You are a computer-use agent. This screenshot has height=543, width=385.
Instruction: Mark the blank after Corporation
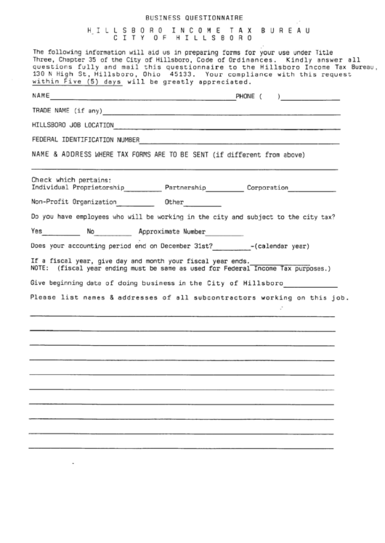tap(313, 191)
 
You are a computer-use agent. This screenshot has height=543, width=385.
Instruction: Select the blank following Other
tap(203, 205)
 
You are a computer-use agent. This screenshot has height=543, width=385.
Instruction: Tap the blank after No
tap(114, 236)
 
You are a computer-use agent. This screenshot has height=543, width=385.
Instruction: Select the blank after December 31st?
tap(231, 249)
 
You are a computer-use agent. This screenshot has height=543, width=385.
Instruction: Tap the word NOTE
tap(40, 268)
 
